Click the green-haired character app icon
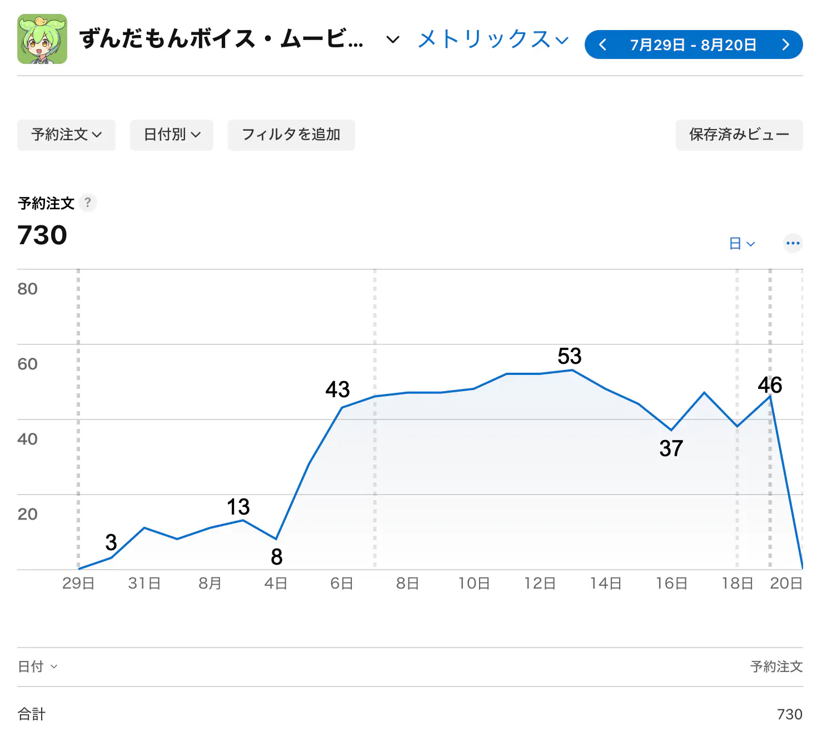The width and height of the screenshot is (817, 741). pyautogui.click(x=42, y=39)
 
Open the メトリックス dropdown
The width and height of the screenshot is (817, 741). pyautogui.click(x=493, y=39)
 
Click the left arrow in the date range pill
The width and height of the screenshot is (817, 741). pyautogui.click(x=602, y=45)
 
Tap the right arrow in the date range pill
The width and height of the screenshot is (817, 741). pyautogui.click(x=785, y=45)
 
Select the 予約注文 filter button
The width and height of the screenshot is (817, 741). pyautogui.click(x=66, y=135)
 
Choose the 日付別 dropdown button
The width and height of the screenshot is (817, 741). pyautogui.click(x=171, y=135)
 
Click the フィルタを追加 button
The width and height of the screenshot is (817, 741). pyautogui.click(x=291, y=135)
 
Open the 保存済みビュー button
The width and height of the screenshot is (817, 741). pyautogui.click(x=739, y=135)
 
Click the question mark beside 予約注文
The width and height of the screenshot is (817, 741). pyautogui.click(x=87, y=202)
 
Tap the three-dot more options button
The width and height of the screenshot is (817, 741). pyautogui.click(x=793, y=243)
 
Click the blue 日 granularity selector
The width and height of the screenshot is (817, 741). pyautogui.click(x=741, y=244)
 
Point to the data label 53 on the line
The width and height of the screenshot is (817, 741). pyautogui.click(x=569, y=356)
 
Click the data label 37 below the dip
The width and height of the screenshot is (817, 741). pyautogui.click(x=671, y=448)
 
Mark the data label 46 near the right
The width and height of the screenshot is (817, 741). pyautogui.click(x=770, y=385)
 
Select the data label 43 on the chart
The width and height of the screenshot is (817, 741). pyautogui.click(x=337, y=389)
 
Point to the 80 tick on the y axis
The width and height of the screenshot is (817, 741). pyautogui.click(x=27, y=289)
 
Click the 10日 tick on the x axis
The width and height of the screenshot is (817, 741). pyautogui.click(x=474, y=583)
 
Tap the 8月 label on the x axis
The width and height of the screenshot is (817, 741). pyautogui.click(x=210, y=583)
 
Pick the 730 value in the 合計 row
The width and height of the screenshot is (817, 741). pyautogui.click(x=789, y=714)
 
